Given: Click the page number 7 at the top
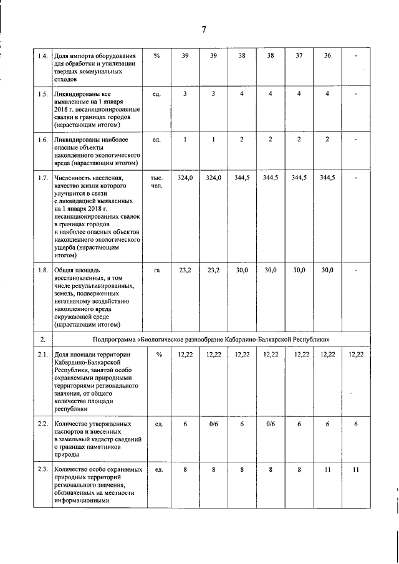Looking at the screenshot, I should point(204,30).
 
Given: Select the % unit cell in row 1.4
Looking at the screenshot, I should point(156,56).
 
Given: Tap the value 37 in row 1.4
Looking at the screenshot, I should point(299,56).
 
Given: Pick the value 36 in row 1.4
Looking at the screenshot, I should point(328,56).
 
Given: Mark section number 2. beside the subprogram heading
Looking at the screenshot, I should point(42,339).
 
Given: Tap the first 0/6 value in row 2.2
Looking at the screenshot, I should point(213,424).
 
